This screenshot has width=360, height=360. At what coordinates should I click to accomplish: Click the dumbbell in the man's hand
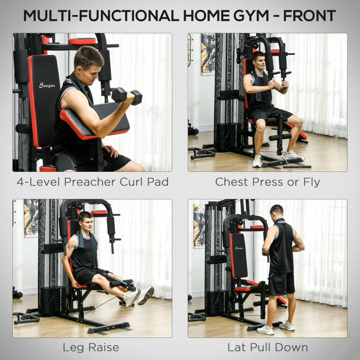pyautogui.click(x=126, y=96)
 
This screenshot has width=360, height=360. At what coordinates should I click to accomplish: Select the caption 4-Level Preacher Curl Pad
pyautogui.click(x=92, y=182)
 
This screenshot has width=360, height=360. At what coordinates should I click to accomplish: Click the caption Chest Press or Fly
pyautogui.click(x=267, y=182)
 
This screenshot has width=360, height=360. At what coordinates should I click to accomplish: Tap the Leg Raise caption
pyautogui.click(x=91, y=347)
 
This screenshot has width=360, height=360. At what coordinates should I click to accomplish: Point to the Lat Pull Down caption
pyautogui.click(x=267, y=347)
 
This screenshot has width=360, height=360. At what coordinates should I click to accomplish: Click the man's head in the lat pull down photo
pyautogui.click(x=277, y=211)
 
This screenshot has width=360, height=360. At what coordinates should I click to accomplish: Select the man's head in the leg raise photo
pyautogui.click(x=85, y=220)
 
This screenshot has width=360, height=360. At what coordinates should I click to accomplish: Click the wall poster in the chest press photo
pyautogui.click(x=207, y=54)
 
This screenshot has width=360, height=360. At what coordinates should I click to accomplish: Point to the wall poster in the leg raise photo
pyautogui.click(x=31, y=218)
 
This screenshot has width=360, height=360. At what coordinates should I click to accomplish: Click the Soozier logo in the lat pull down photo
pyautogui.click(x=238, y=248)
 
